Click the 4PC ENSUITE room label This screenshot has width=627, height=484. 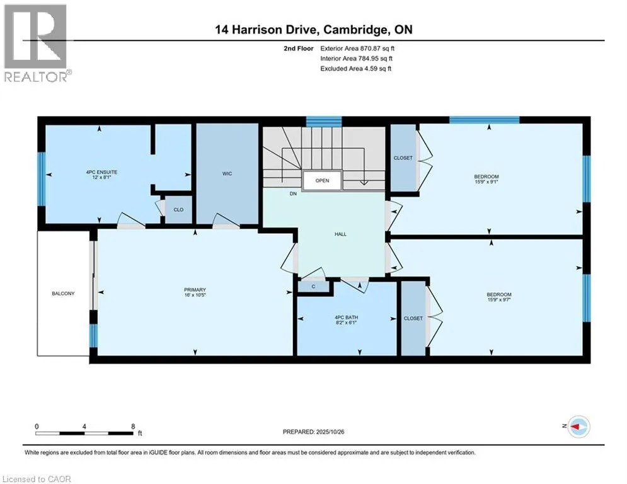tap(102, 171)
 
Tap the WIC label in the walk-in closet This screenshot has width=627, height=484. tap(227, 174)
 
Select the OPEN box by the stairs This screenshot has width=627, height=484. tap(322, 180)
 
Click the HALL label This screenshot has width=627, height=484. tap(340, 234)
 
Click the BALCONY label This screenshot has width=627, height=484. tap(63, 294)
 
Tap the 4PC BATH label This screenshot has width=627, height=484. tap(346, 317)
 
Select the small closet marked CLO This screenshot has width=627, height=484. tap(178, 210)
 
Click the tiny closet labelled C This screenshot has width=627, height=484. tap(313, 287)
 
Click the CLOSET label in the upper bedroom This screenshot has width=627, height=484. tap(403, 158)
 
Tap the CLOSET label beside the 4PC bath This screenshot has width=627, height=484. tap(413, 319)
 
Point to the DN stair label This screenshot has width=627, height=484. tap(293, 194)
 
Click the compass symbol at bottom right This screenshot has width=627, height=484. tap(578, 427)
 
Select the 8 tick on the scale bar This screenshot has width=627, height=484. tap(133, 426)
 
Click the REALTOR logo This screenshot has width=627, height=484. tap(37, 43)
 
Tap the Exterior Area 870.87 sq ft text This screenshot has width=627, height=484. tap(358, 48)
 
